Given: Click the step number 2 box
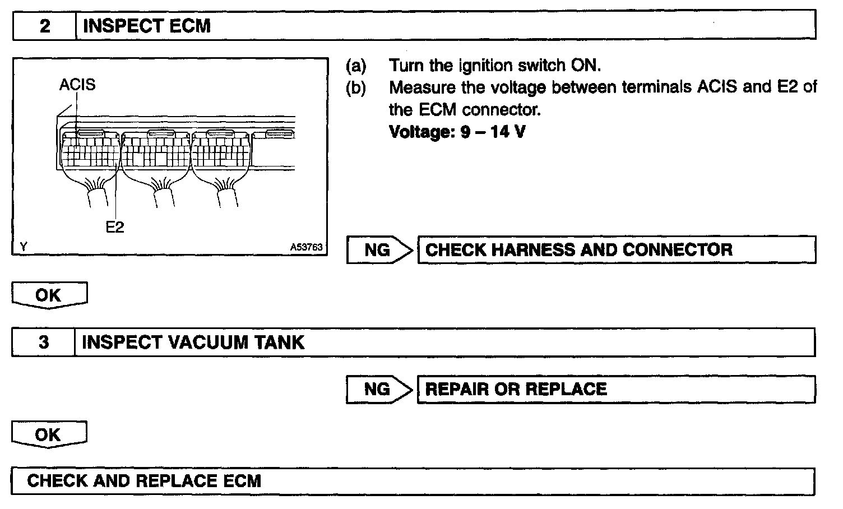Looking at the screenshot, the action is [x=44, y=26].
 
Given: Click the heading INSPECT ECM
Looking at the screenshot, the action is [x=147, y=26].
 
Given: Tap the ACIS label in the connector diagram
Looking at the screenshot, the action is [x=77, y=85].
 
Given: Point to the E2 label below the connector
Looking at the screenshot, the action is [x=114, y=226].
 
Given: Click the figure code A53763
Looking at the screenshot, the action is [x=307, y=247].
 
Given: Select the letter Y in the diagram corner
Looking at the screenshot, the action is [x=24, y=247].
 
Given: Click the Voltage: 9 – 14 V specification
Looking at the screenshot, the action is [x=457, y=132].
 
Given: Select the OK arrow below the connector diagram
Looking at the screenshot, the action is [x=49, y=295].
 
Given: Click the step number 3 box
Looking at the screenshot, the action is [x=44, y=343].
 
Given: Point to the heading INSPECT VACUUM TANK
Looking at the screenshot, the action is [x=193, y=343].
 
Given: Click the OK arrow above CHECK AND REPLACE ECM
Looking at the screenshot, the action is [x=49, y=434].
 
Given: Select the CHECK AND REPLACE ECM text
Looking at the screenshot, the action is [x=144, y=481].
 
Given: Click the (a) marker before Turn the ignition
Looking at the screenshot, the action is [x=356, y=66].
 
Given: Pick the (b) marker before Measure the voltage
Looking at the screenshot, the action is [x=356, y=87].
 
